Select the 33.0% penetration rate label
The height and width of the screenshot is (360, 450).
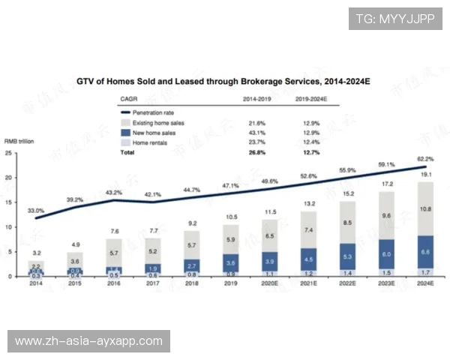coord(36,211)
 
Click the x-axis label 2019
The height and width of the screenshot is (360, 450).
coord(230,284)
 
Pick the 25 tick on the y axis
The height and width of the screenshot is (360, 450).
coord(8,154)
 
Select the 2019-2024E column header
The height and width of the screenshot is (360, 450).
coord(310,98)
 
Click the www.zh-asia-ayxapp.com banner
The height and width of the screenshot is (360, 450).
coord(89,341)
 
